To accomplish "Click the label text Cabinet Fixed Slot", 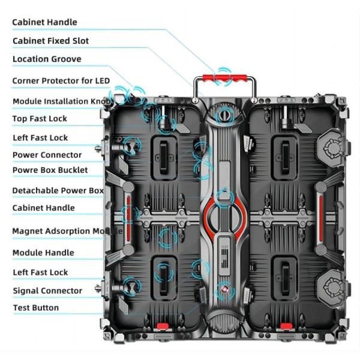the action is (x=51, y=41).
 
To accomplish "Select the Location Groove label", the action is (x=47, y=59).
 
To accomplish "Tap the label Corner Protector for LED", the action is (x=61, y=81).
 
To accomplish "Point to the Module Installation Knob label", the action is (x=62, y=101).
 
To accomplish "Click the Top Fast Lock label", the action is (x=40, y=119).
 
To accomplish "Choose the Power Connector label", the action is (x=47, y=155).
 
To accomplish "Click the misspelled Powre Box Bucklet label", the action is (x=50, y=170).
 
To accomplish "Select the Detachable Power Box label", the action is (x=58, y=191).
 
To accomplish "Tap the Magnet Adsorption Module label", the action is (x=67, y=231).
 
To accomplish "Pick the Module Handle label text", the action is (x=43, y=253).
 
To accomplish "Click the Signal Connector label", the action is (x=47, y=290).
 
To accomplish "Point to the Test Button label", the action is (x=36, y=308).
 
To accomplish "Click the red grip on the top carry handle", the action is (x=224, y=78).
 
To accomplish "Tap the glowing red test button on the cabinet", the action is (x=225, y=289).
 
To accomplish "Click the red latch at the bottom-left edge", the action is (x=163, y=326).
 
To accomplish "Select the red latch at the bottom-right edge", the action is (x=286, y=326).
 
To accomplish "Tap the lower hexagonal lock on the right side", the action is (x=332, y=286).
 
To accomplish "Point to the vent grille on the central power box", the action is (x=224, y=256).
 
